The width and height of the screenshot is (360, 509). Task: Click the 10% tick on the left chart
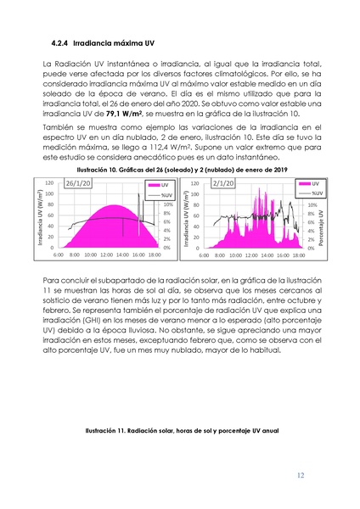coord(168,204)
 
